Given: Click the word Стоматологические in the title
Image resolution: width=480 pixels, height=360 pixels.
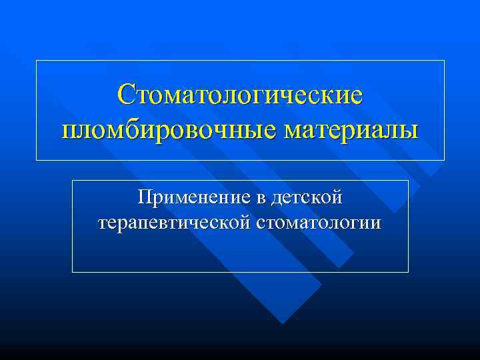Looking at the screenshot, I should [x=240, y=94].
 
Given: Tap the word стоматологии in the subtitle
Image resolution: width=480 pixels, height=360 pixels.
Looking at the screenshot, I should [x=318, y=222].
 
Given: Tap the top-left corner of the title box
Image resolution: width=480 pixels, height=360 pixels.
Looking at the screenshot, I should [x=36, y=61].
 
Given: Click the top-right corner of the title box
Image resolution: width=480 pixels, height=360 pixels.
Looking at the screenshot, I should [x=444, y=61].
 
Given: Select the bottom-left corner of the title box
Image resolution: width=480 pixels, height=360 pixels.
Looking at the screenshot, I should [x=36, y=160].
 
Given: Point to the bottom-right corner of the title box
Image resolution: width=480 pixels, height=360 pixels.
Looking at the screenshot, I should [x=444, y=160].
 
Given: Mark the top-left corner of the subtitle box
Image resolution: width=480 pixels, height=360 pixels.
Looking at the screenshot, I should [x=72, y=180].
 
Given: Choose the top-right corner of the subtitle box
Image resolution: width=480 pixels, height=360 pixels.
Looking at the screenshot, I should [x=408, y=180].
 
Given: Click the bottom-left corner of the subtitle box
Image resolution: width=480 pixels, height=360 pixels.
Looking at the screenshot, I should [x=72, y=272].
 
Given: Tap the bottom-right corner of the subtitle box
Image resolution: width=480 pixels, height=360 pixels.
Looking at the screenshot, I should [x=408, y=272].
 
